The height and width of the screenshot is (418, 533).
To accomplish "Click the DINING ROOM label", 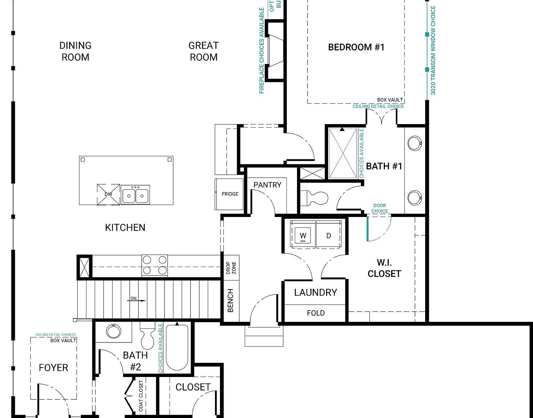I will click(x=75, y=51).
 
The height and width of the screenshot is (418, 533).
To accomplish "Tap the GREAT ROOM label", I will click(x=203, y=51).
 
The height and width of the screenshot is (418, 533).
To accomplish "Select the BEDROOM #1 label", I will click(x=356, y=47).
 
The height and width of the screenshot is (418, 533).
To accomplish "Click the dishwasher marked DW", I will click(x=108, y=194).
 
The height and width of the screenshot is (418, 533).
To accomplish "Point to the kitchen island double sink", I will click(x=135, y=195).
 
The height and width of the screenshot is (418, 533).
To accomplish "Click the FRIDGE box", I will click(x=230, y=194).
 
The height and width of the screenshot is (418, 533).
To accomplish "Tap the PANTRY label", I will click(x=267, y=185).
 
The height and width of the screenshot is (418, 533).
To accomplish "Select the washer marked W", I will click(x=303, y=235).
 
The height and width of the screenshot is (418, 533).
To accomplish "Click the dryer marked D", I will click(x=329, y=235).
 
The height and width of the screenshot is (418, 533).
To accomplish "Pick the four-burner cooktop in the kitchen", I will click(x=154, y=265).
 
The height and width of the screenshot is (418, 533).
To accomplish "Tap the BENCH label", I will click(x=230, y=300).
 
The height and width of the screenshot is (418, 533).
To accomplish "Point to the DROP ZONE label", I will click(x=231, y=267).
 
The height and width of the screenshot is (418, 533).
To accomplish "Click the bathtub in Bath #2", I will click(x=177, y=348).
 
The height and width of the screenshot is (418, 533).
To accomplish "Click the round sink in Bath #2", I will click(x=113, y=331).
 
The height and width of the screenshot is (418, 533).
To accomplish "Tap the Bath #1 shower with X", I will click(x=342, y=153).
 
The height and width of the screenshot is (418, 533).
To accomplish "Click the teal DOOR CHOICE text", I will click(x=379, y=208).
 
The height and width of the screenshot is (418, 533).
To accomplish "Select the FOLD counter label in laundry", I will click(x=316, y=313).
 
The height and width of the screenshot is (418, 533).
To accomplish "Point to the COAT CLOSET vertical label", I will click(x=141, y=396).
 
